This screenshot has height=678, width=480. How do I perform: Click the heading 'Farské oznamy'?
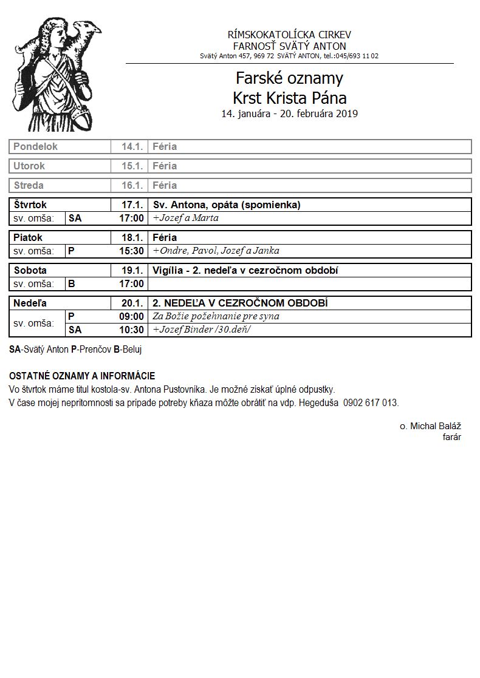(289, 78)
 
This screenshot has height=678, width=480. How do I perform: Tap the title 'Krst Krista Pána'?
(289, 98)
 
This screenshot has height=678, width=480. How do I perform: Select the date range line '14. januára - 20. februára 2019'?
(289, 114)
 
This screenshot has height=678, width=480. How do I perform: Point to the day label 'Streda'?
(29, 185)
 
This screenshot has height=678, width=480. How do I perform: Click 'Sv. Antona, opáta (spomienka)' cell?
(227, 205)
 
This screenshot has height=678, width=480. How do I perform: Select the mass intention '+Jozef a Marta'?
(185, 218)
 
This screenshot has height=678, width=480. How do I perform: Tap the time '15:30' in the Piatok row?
(131, 251)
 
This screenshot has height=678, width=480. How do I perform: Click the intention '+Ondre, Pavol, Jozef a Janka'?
(216, 251)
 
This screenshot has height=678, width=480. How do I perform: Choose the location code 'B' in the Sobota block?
(71, 283)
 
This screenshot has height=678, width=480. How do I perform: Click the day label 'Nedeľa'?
(30, 303)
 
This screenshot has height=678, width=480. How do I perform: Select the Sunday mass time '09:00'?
(131, 316)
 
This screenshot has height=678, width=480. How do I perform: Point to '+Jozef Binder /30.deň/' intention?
(201, 330)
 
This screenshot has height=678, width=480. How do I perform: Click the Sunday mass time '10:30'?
(131, 330)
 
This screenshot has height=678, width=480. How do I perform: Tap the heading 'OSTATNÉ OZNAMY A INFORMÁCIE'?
(82, 376)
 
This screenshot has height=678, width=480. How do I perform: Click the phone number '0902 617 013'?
(371, 402)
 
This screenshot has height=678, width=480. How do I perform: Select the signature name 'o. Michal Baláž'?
(430, 427)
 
